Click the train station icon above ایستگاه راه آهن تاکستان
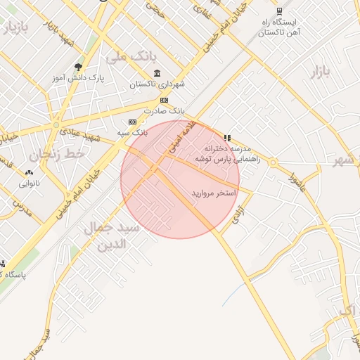pyautogui.click(x=279, y=11)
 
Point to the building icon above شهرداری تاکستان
pyautogui.click(x=157, y=73)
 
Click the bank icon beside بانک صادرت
pyautogui.click(x=164, y=100)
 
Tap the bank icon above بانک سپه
pyautogui.click(x=132, y=122)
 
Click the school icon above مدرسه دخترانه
pyautogui.click(x=226, y=138)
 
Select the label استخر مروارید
pyautogui.click(x=213, y=192)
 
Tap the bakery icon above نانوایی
pyautogui.click(x=29, y=173)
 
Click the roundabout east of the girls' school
pyautogui.click(x=273, y=164)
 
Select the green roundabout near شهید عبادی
pyautogui.click(x=56, y=126)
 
